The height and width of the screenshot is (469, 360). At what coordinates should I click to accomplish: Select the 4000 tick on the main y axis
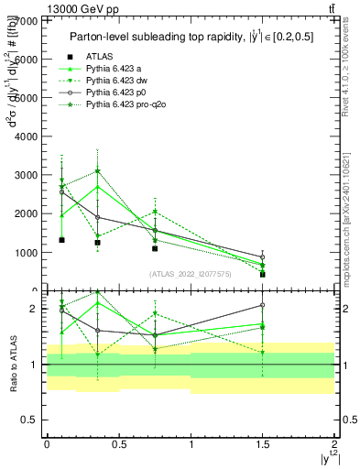pyautogui.click(x=27, y=136)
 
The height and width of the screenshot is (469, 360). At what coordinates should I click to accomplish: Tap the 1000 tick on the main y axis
pyautogui.click(x=27, y=252)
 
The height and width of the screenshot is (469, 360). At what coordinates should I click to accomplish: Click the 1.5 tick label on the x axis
pyautogui.click(x=262, y=444)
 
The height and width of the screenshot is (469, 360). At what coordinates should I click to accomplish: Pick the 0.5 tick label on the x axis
pyautogui.click(x=118, y=444)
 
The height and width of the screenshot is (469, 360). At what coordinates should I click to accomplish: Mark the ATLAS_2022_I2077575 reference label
pyautogui.click(x=190, y=274)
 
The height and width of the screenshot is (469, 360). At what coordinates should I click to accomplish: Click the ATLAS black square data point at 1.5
pyautogui.click(x=262, y=274)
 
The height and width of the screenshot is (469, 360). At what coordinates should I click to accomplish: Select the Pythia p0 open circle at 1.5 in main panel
pyautogui.click(x=262, y=257)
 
